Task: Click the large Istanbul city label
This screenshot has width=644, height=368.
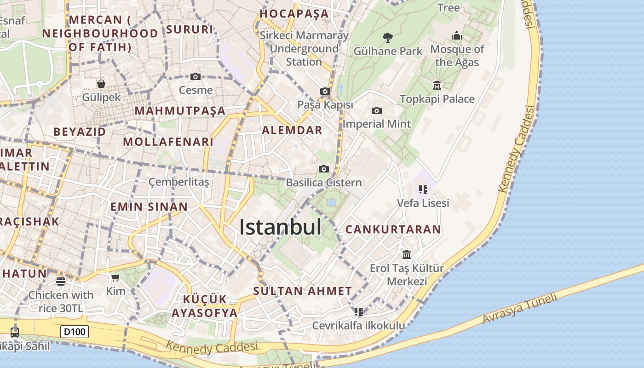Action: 280,227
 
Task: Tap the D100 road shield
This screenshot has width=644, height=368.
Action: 74,331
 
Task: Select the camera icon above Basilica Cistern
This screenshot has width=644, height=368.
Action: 324,169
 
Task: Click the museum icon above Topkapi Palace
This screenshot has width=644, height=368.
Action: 437,85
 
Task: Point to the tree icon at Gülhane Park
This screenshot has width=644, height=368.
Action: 387,37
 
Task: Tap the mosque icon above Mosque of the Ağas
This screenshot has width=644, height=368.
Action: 457,35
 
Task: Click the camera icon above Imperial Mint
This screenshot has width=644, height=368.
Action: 376,110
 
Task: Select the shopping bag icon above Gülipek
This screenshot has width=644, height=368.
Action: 101,83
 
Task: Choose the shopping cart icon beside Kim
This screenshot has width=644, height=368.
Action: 115,277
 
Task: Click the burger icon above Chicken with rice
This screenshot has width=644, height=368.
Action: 61,281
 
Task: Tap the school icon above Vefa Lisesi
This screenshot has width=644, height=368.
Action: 423,189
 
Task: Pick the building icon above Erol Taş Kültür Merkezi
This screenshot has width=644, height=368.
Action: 407,254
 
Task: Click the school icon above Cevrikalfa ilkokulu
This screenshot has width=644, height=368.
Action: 359,312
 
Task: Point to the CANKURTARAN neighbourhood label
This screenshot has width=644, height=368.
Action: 393,229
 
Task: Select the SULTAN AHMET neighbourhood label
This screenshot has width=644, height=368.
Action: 303,291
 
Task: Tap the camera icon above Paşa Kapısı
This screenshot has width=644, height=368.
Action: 325,91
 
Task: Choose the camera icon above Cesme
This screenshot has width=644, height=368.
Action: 195,76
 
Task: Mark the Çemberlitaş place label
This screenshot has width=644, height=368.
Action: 178,182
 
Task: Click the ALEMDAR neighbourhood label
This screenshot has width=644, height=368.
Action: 292,130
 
